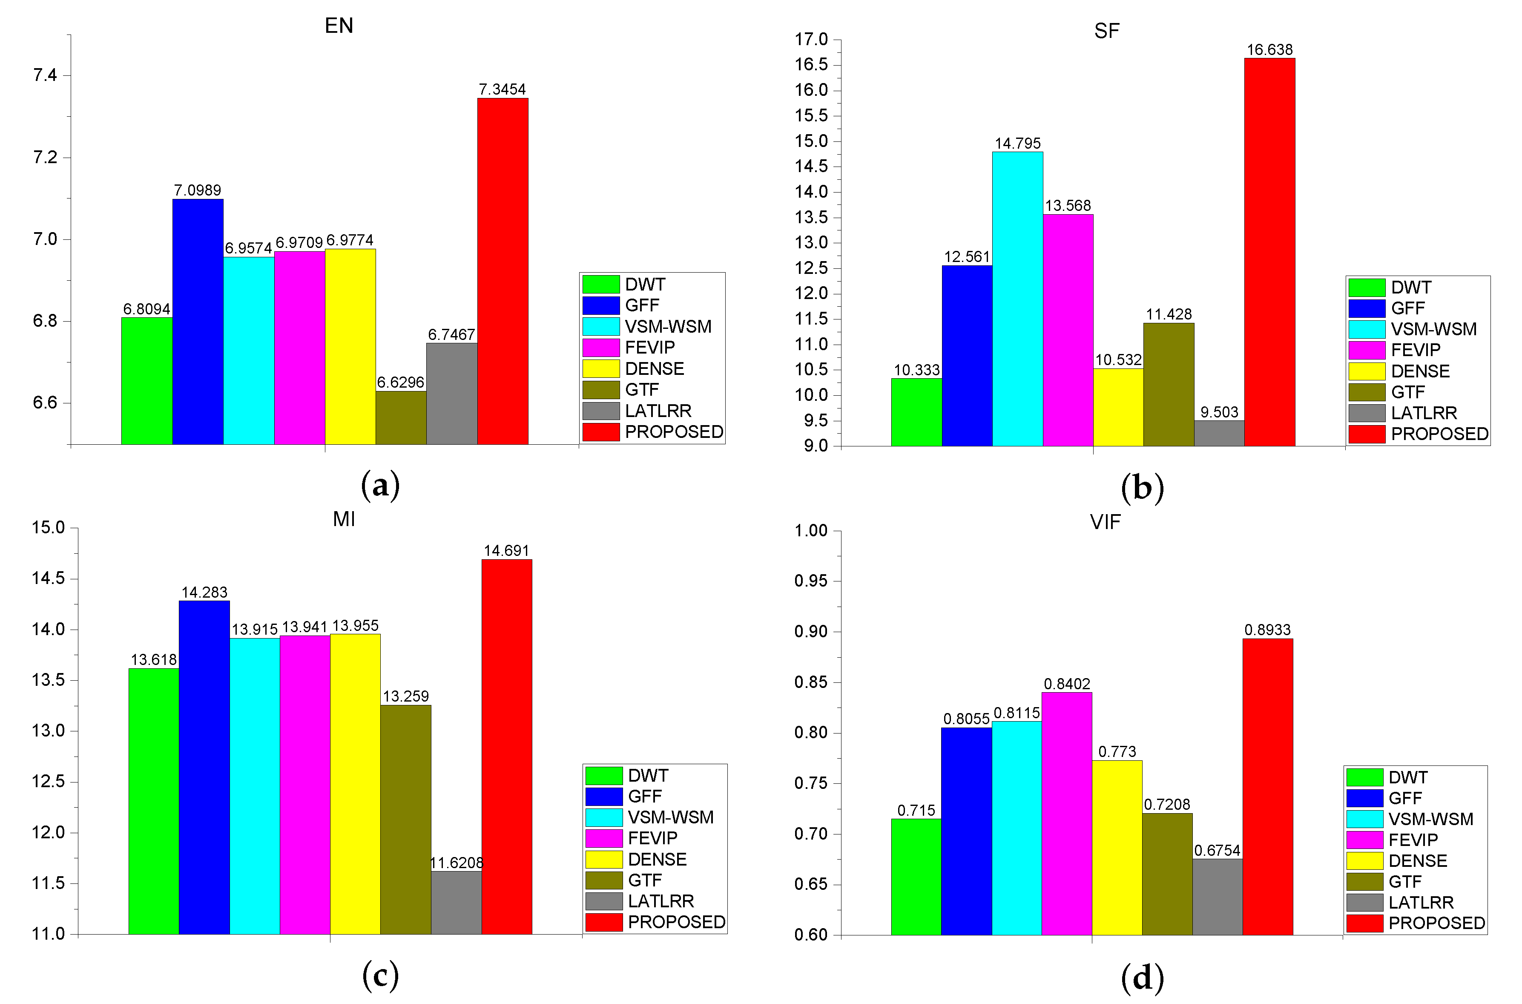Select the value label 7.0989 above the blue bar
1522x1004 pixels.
pyautogui.click(x=197, y=190)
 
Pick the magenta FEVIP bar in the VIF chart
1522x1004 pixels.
pyautogui.click(x=1066, y=813)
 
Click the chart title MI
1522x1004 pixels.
pyautogui.click(x=344, y=519)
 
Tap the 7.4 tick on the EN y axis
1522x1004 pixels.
pyautogui.click(x=45, y=75)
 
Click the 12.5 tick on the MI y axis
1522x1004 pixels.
pyautogui.click(x=48, y=782)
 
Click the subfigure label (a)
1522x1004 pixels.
pyautogui.click(x=380, y=485)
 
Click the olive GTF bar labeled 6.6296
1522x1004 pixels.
pyautogui.click(x=401, y=417)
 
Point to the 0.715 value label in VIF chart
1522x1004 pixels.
pyautogui.click(x=916, y=810)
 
